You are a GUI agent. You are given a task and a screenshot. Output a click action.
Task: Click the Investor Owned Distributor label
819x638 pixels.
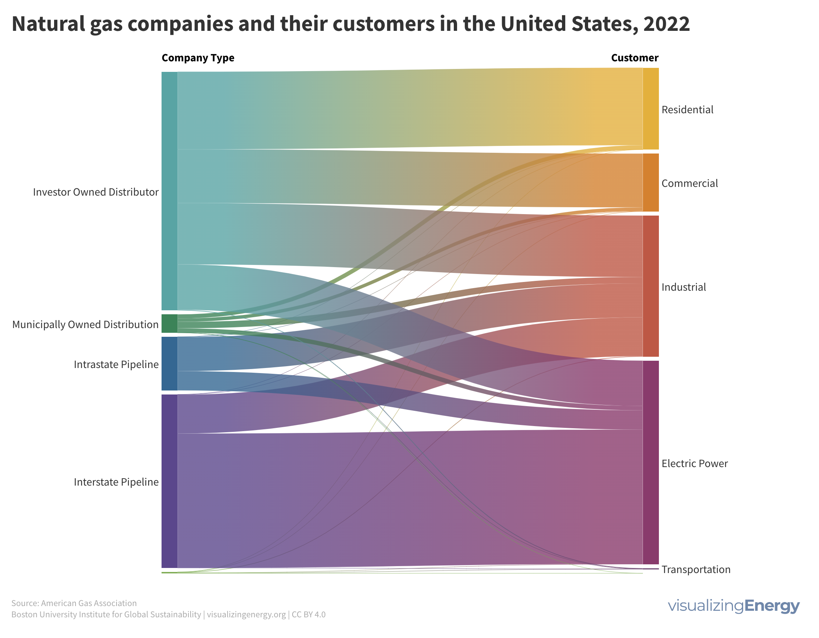(x=95, y=192)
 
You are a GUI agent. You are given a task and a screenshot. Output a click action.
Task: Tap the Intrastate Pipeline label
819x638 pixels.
(x=116, y=364)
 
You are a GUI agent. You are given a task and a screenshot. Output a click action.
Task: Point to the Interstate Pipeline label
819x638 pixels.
(x=116, y=482)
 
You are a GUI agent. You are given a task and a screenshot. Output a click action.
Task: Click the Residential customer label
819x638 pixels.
(x=687, y=110)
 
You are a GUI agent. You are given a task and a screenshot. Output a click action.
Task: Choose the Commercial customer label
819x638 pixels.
(x=689, y=183)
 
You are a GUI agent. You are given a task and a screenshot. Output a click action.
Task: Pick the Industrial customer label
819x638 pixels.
(x=683, y=287)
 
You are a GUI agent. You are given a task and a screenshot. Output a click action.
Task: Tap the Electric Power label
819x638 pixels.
(x=694, y=464)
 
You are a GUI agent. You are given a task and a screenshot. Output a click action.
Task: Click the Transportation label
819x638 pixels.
(x=696, y=569)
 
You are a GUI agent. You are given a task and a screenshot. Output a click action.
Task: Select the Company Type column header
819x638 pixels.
(x=197, y=58)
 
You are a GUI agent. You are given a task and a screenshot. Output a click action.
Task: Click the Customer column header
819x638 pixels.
(x=635, y=58)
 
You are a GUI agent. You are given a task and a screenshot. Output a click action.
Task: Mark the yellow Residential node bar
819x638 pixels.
(x=651, y=109)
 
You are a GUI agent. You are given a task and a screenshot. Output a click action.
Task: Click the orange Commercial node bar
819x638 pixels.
(x=651, y=183)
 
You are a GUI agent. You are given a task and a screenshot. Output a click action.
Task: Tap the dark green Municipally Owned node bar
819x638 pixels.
(x=169, y=323)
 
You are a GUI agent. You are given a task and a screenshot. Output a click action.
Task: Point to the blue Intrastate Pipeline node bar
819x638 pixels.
(x=169, y=364)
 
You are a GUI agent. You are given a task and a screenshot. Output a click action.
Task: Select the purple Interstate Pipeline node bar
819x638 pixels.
(x=169, y=481)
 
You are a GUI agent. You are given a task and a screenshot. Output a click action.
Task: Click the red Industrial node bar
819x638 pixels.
(x=651, y=286)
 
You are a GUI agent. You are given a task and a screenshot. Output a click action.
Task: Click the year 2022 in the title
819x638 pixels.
(x=667, y=24)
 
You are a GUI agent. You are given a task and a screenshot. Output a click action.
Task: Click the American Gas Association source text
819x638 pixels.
(x=89, y=603)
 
